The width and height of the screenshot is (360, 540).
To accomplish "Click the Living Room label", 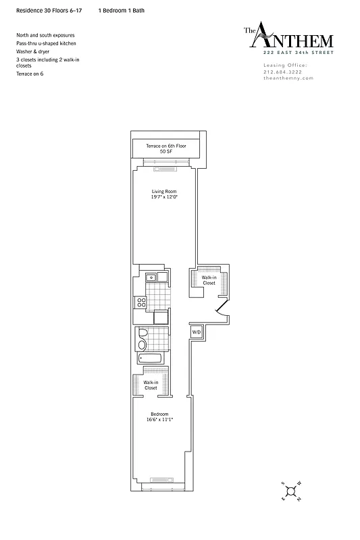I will click(x=163, y=192).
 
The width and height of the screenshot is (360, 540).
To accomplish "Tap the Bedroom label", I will click(x=160, y=413).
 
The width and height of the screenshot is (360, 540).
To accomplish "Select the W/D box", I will click(x=197, y=332).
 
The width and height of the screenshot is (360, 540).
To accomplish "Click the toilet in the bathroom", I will click(x=143, y=342).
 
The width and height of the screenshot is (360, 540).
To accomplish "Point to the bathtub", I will click(x=150, y=358).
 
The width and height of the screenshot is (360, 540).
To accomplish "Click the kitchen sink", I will click(x=152, y=277).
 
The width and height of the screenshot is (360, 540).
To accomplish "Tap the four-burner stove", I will click(x=142, y=302).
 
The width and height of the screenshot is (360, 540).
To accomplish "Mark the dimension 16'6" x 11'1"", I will click(x=160, y=419).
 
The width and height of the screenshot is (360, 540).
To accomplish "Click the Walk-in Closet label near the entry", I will click(x=209, y=280).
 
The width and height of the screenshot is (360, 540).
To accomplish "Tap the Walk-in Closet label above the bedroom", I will click(x=150, y=385).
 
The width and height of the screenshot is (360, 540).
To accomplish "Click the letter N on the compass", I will click(x=297, y=499).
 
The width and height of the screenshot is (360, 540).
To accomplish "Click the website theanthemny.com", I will click(x=288, y=78).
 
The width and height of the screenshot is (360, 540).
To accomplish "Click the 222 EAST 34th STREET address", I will click(x=299, y=52).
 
